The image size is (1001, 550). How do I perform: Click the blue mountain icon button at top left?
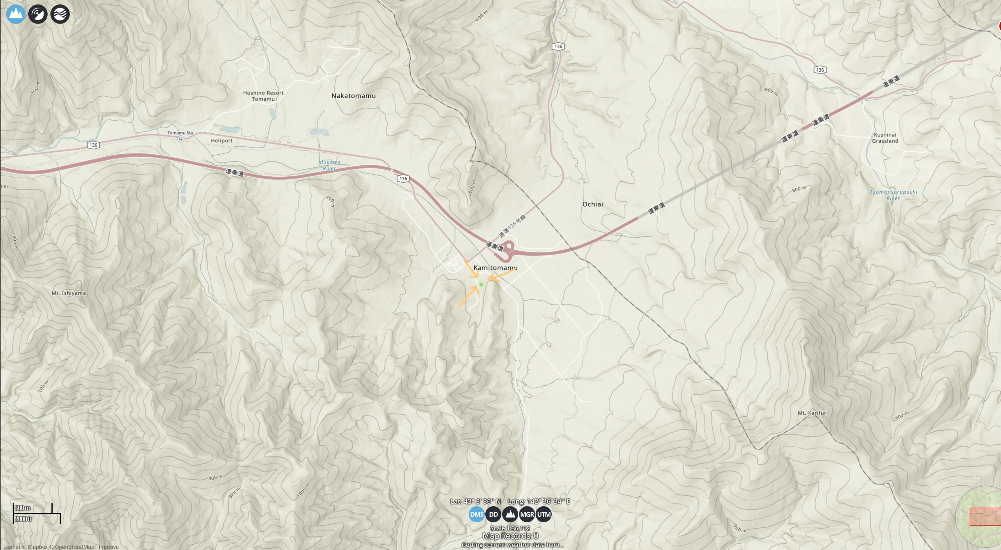(x=16, y=14)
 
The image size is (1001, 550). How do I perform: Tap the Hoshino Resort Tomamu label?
(x=263, y=96)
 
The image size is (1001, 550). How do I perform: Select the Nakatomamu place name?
(x=353, y=96)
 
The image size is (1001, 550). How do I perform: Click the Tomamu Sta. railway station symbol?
(x=181, y=139)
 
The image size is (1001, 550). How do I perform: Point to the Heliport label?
(x=222, y=141)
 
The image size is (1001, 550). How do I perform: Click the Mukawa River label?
(x=329, y=165)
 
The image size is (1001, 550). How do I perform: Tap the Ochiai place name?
(x=592, y=204)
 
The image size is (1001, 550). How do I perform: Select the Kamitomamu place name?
(x=495, y=268)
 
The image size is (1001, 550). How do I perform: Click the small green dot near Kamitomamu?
(x=481, y=285)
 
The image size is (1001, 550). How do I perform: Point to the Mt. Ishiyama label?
(x=69, y=293)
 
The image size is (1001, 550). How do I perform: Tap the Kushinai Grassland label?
(x=885, y=138)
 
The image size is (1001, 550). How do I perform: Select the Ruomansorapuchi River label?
(x=893, y=195)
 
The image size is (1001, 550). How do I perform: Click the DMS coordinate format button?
(x=477, y=514)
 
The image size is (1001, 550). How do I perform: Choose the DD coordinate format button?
(x=493, y=514)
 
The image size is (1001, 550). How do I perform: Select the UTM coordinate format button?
(x=543, y=514)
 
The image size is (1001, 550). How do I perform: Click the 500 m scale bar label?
(x=23, y=508)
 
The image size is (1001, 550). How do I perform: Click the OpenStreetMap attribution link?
(x=74, y=547)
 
